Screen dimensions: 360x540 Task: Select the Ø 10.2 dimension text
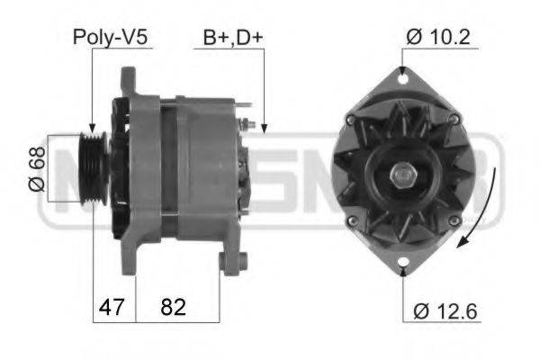pos(439,38)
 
